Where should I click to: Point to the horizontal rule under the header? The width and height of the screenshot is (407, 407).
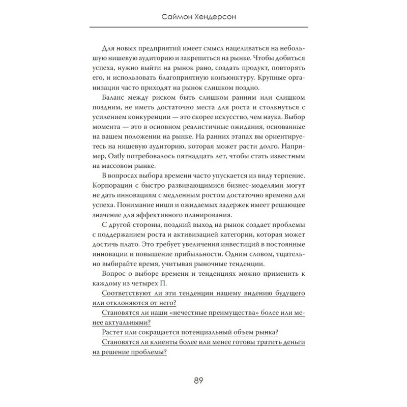tap(203, 27)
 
